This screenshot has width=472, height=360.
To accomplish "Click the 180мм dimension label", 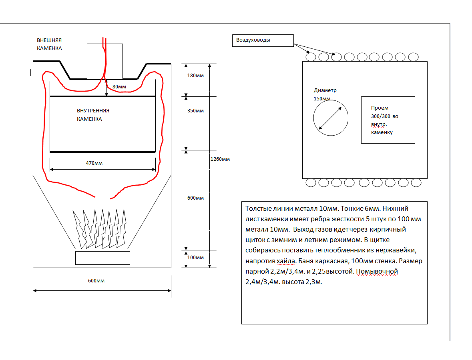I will pyautogui.click(x=196, y=76).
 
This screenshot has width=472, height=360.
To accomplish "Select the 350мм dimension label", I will pyautogui.click(x=196, y=111).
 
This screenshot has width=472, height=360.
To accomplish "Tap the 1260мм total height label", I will pyautogui.click(x=220, y=159).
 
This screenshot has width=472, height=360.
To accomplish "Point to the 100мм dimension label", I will pyautogui.click(x=196, y=257).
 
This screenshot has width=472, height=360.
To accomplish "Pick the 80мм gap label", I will pyautogui.click(x=119, y=87).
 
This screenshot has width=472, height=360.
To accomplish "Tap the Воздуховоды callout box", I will pyautogui.click(x=263, y=40).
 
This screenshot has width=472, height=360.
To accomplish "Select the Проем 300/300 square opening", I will pyautogui.click(x=388, y=120).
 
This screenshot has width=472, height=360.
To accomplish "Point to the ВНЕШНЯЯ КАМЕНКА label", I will pyautogui.click(x=49, y=44).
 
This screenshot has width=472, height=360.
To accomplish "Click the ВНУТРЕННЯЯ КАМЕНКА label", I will pyautogui.click(x=93, y=115).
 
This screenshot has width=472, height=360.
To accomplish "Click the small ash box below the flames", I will pyautogui.click(x=102, y=258).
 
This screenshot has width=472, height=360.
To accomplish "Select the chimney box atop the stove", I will pyautogui.click(x=105, y=61).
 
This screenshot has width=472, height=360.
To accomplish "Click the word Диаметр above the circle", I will pyautogui.click(x=325, y=90).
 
